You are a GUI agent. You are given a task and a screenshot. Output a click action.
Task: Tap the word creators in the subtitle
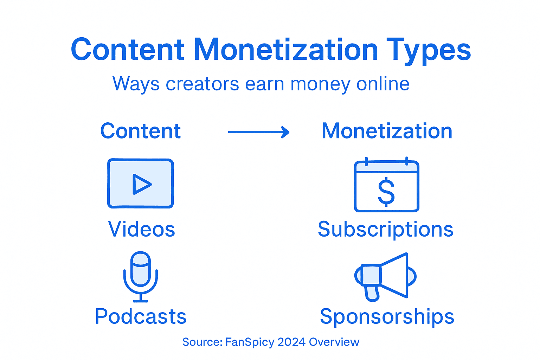click(x=202, y=84)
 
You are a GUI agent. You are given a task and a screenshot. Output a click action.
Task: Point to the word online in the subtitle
click(x=383, y=84)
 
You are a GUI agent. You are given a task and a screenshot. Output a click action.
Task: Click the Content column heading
click(x=140, y=131)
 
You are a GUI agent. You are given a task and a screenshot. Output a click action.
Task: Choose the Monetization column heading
click(x=387, y=131)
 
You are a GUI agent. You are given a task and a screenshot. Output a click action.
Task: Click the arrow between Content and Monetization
click(x=259, y=132)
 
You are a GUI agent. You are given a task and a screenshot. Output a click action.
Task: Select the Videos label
click(x=141, y=229)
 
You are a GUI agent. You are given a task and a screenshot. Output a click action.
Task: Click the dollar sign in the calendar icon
click(x=386, y=192)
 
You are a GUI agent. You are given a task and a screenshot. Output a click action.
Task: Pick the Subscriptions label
click(x=385, y=229)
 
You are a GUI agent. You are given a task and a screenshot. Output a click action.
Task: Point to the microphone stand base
click(x=141, y=300)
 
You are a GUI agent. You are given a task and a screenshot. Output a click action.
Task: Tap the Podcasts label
click(x=141, y=316)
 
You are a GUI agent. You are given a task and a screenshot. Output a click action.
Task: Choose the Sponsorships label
click(x=387, y=316)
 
